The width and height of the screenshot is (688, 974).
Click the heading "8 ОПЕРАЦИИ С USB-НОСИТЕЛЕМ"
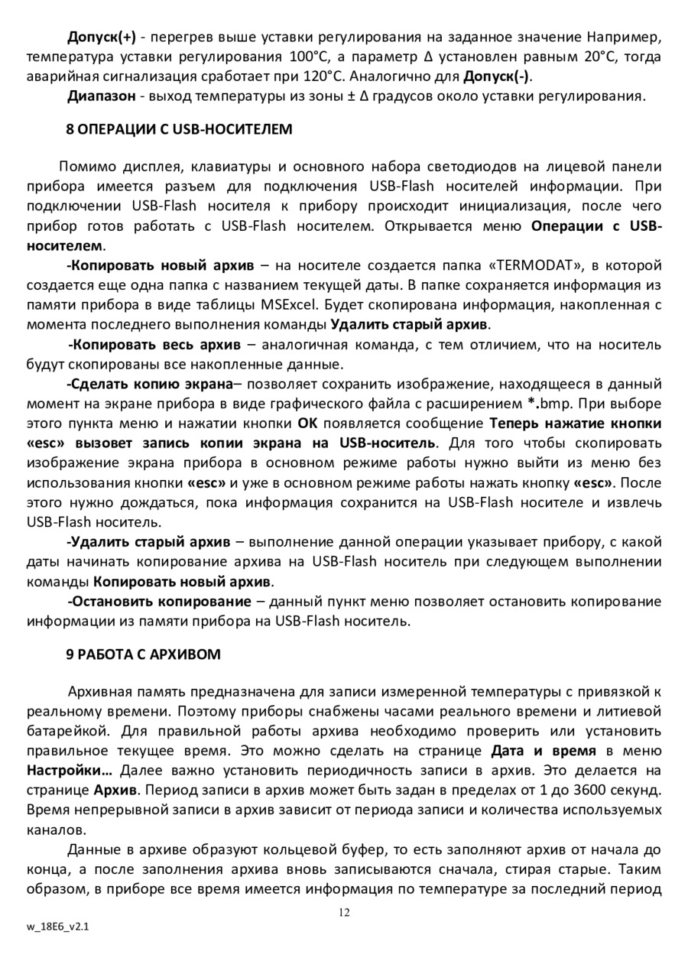click(179, 128)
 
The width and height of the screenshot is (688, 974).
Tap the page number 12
click(344, 911)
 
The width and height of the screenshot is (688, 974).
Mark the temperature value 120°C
click(316, 76)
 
